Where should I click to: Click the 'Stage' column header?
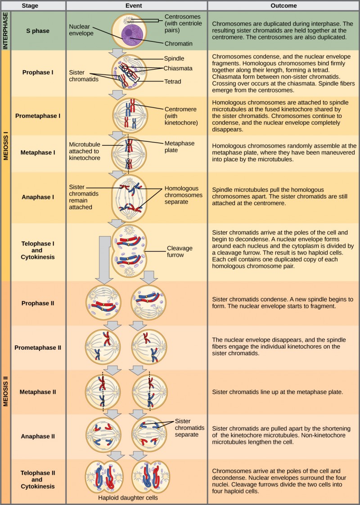[38, 5]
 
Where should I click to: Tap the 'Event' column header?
[136, 5]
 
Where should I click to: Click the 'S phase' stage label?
[38, 31]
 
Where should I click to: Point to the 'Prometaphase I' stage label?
[38, 116]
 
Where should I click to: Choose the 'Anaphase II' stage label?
[38, 436]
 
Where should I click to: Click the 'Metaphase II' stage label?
[38, 392]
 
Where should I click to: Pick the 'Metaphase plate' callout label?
[180, 147]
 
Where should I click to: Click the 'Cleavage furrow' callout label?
[180, 251]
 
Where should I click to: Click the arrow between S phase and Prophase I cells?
[118, 53]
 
